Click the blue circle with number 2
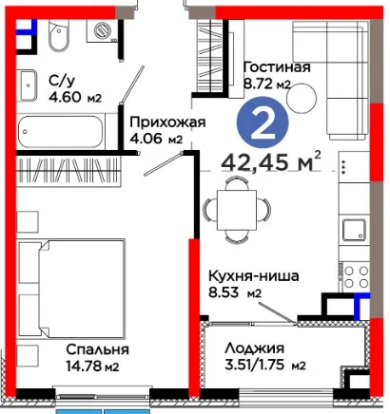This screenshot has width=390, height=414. pyautogui.click(x=263, y=122)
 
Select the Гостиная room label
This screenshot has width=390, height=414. pyautogui.click(x=277, y=67)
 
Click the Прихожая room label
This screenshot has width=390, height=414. pyautogui.click(x=167, y=122)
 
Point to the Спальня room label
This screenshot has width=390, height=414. pyautogui.click(x=97, y=349)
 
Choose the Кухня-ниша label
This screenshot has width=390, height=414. pyautogui.click(x=254, y=275)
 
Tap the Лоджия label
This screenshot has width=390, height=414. pyautogui.click(x=254, y=348)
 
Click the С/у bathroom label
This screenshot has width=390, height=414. pyautogui.click(x=62, y=81)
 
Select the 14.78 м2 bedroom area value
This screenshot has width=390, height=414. pyautogui.click(x=92, y=367)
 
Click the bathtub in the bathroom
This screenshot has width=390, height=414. pyautogui.click(x=60, y=131)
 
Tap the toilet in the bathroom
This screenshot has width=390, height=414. pyautogui.click(x=59, y=35)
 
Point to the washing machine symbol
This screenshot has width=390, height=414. pyautogui.click(x=102, y=30)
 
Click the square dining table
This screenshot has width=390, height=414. pyautogui.click(x=237, y=210)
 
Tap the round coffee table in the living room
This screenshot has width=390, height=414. pyautogui.click(x=302, y=98)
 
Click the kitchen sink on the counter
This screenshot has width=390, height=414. pyautogui.click(x=354, y=230)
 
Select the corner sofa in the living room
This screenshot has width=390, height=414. pyautogui.click(x=331, y=81)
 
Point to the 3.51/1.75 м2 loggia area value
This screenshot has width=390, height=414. pyautogui.click(x=265, y=366)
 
